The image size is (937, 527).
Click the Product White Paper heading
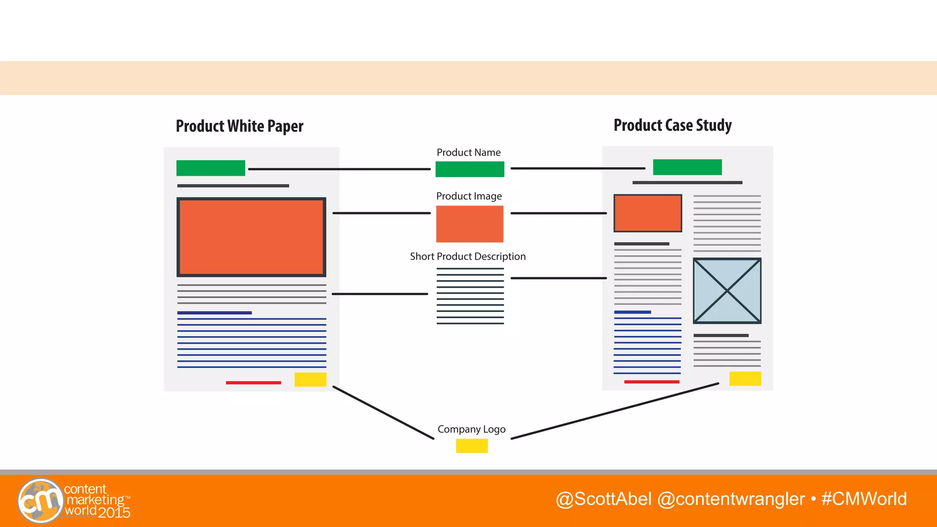coord(239,126)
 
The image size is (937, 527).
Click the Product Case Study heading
coord(673,125)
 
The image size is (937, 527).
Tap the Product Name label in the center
coord(468,152)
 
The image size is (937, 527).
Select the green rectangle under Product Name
coord(469,169)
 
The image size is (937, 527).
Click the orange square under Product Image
coord(469,224)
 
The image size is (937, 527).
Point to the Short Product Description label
coord(468,257)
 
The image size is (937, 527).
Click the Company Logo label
coord(471,429)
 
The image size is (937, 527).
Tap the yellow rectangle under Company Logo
coord(472,446)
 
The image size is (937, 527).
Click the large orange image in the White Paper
coord(251,237)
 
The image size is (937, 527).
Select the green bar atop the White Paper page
coord(210,168)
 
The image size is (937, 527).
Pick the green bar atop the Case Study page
coord(687,167)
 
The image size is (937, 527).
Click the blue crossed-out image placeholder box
coord(727,290)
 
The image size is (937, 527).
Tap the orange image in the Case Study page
coord(647,213)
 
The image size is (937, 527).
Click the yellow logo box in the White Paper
coord(310,379)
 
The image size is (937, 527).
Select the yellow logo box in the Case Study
coord(745,378)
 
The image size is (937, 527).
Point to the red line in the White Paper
coord(253,382)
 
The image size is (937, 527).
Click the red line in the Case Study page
coord(652,382)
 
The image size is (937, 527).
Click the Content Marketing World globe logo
coord(40,500)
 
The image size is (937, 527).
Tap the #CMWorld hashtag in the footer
coord(864,499)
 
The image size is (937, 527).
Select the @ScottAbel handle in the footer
coord(603,499)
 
